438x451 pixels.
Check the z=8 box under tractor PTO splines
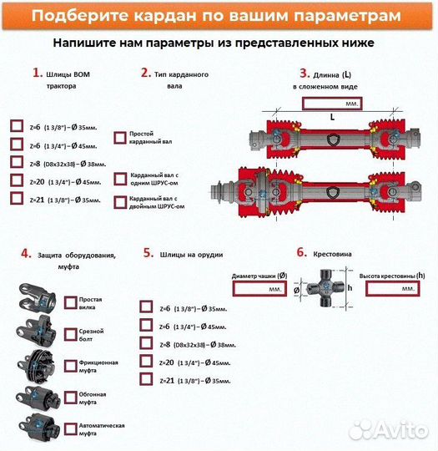17,162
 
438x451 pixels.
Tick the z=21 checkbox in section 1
17,199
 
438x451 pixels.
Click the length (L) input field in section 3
332,104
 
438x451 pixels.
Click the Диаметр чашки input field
261,287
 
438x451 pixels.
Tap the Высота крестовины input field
387,287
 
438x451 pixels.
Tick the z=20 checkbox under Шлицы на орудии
147,362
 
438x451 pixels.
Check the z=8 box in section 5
147,343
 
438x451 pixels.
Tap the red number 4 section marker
26,253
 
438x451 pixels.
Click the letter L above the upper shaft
332,118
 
